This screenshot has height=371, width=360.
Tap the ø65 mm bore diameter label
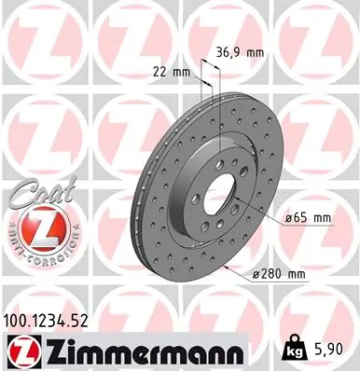(x=308, y=218)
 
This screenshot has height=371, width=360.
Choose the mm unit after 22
(x=181, y=72)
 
